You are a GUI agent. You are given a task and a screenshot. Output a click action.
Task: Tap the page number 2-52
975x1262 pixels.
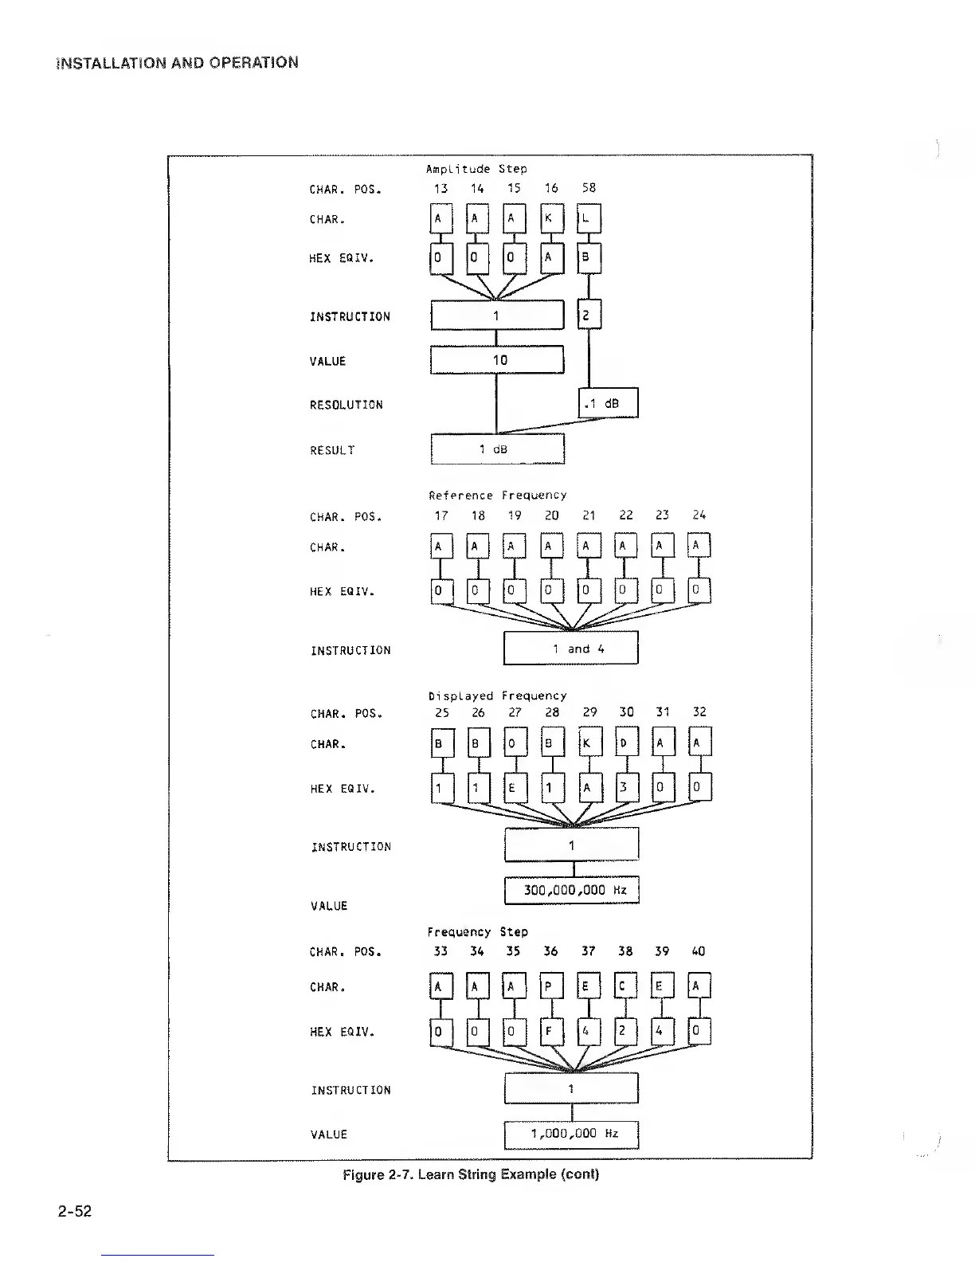(x=74, y=1212)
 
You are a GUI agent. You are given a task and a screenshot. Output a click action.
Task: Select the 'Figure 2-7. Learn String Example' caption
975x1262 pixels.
(x=470, y=1174)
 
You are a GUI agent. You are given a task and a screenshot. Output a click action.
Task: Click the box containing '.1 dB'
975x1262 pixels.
(x=608, y=403)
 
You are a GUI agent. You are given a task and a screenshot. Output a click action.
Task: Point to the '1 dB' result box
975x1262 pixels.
(x=497, y=449)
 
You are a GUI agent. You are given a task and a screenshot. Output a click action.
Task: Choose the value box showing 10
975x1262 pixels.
(x=497, y=360)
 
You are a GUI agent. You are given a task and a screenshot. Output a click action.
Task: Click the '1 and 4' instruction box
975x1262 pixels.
(x=571, y=649)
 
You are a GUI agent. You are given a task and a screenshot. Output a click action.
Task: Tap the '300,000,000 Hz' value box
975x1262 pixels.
(x=571, y=890)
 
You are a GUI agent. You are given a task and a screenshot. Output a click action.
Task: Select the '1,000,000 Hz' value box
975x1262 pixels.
(x=571, y=1134)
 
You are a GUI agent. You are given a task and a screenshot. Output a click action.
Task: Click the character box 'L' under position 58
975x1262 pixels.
(x=589, y=218)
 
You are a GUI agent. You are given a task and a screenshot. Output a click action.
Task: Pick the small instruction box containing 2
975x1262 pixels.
(x=588, y=315)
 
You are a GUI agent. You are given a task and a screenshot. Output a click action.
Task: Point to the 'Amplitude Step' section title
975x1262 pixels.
(x=476, y=169)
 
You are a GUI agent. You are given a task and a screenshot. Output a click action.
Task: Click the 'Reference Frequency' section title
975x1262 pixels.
(x=498, y=496)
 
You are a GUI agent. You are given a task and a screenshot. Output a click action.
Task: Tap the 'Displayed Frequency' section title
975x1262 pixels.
(x=498, y=696)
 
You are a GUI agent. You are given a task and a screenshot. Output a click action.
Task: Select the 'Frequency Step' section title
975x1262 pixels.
(x=478, y=931)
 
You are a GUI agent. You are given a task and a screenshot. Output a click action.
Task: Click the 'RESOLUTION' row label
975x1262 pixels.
(x=347, y=405)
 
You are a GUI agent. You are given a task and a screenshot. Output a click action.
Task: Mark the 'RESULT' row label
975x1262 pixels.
(x=332, y=450)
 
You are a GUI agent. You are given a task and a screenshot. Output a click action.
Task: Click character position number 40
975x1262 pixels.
(x=698, y=951)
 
